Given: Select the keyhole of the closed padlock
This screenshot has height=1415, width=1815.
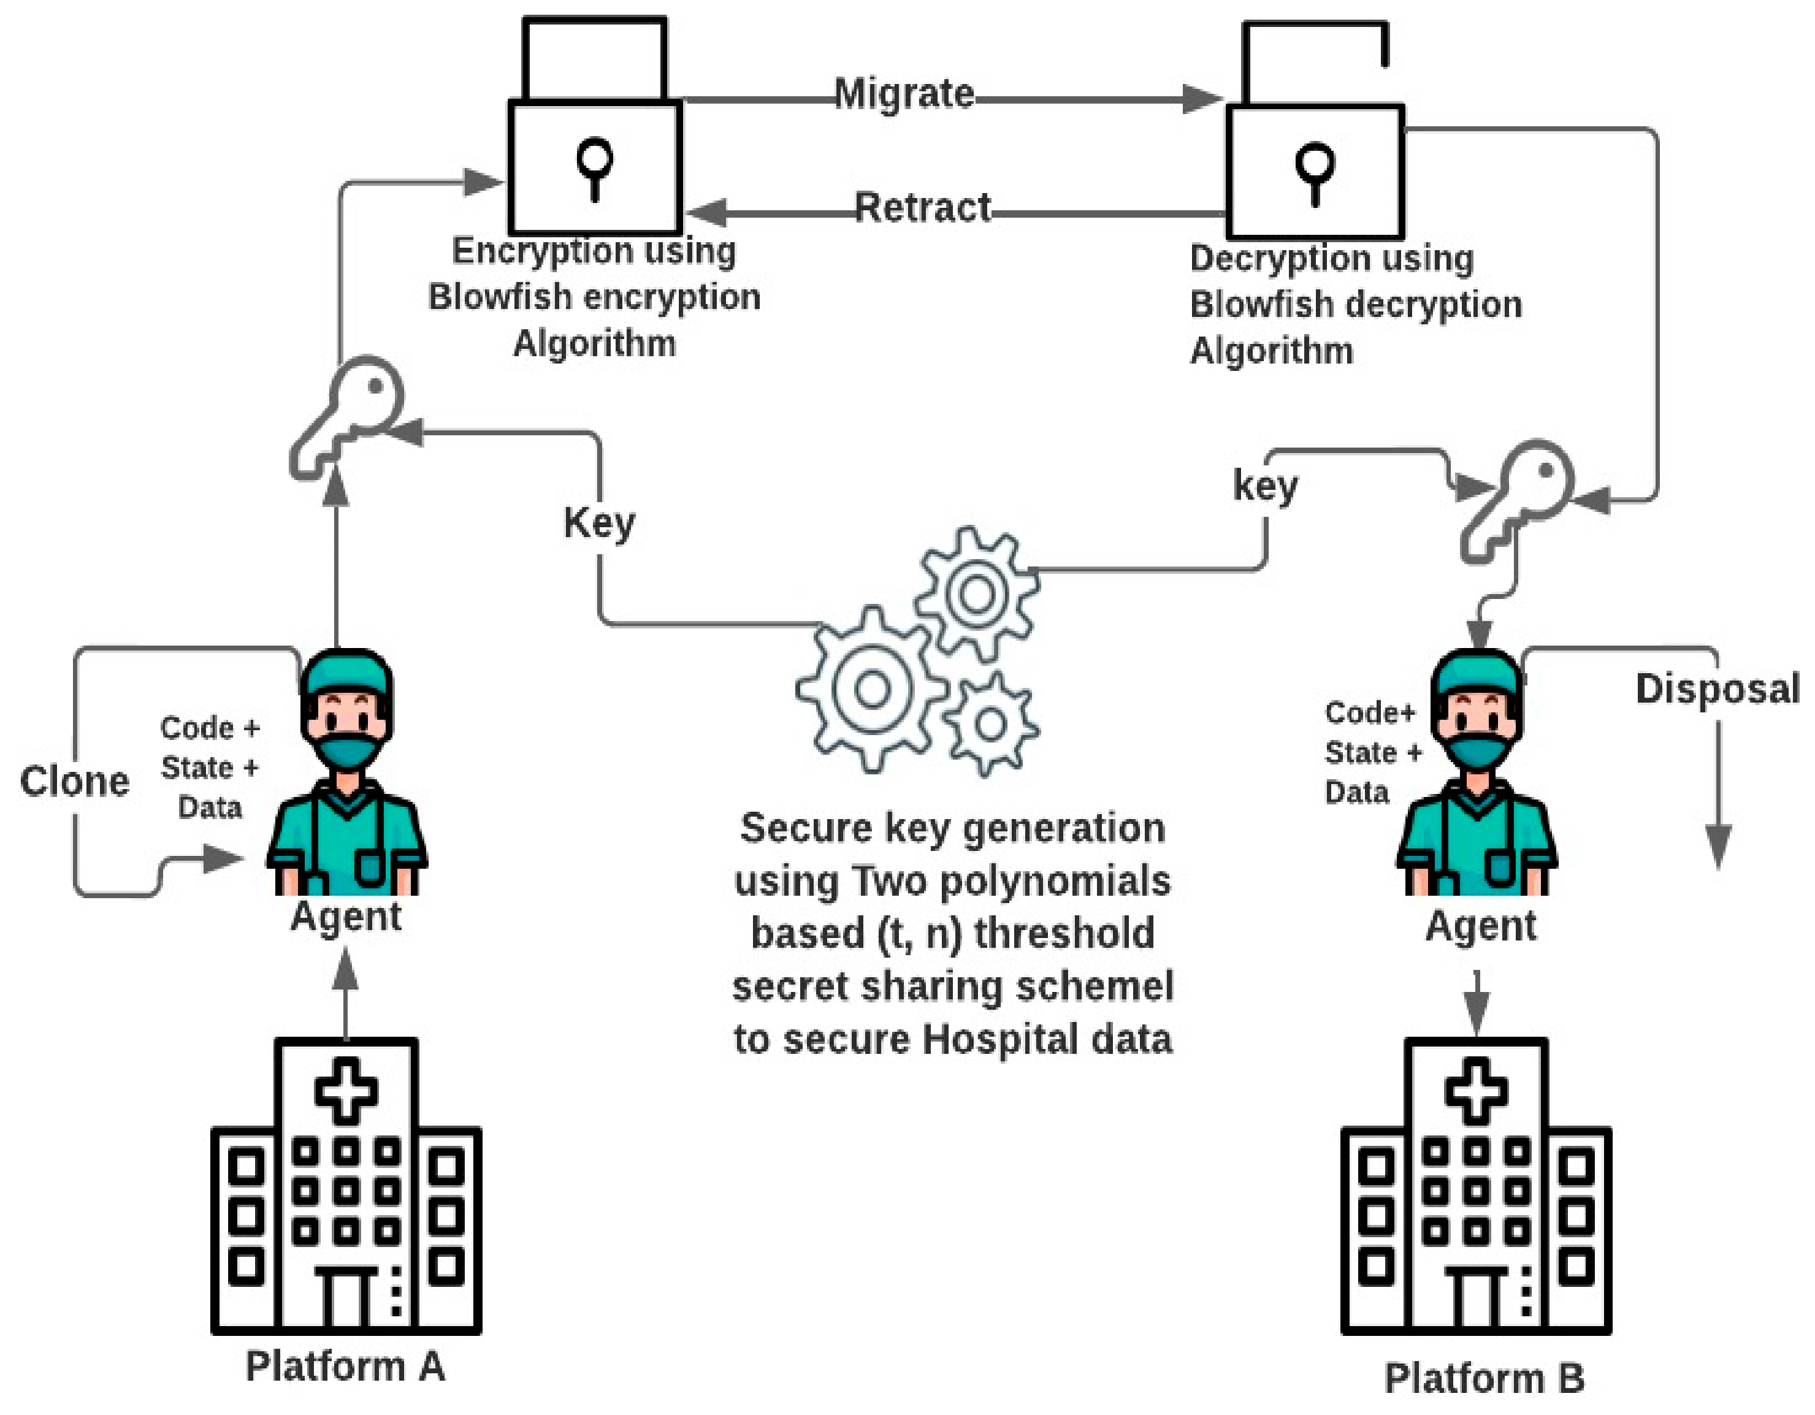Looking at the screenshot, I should coord(595,166).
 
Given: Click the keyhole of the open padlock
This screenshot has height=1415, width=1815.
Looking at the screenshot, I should coord(1315,171).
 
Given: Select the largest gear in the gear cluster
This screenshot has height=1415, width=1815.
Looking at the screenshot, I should coord(872,688).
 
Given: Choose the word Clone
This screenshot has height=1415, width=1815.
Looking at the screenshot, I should coord(75,781).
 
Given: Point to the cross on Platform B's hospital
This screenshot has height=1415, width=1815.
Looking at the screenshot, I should coord(1476,1090).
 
